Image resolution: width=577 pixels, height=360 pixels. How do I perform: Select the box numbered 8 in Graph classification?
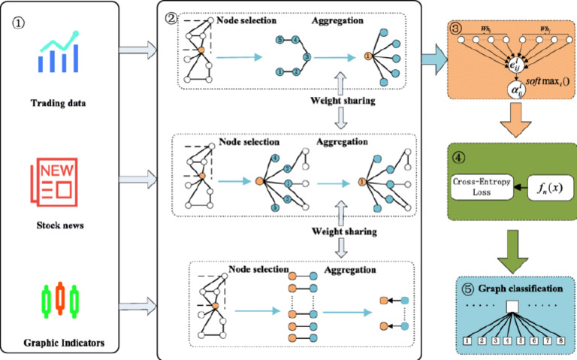(x=560, y=340)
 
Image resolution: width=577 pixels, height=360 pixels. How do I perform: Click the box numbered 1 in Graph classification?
(x=467, y=340)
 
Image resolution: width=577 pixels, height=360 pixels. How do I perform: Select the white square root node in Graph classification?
(x=513, y=307)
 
